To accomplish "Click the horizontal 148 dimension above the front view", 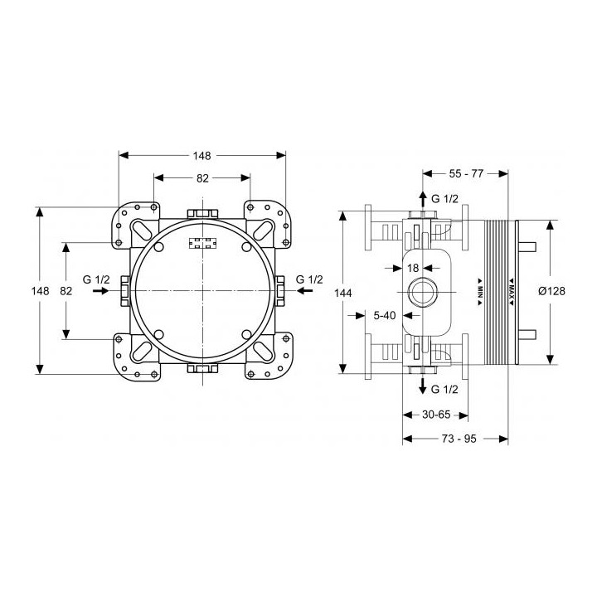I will tap(202, 155).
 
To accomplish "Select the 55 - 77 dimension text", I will tap(465, 173).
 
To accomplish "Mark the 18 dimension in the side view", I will tap(414, 269).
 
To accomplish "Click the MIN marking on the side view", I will tap(480, 290).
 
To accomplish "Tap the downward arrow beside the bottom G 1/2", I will tap(423, 387).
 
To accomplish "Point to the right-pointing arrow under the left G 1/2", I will tap(99, 292).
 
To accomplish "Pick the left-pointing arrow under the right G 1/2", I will tap(306, 292).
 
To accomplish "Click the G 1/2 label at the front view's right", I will tap(309, 279).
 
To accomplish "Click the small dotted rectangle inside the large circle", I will tap(202, 244).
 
